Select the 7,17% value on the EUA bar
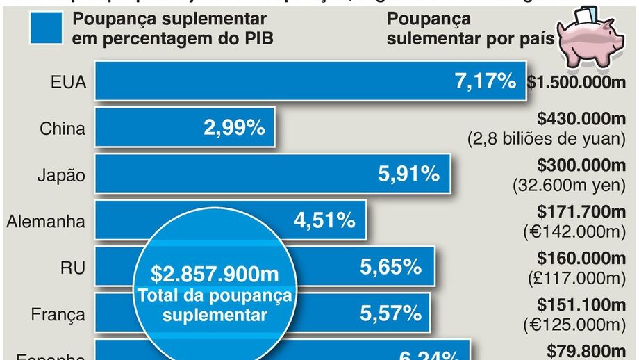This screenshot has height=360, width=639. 485,81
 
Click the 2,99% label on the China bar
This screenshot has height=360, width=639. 234,128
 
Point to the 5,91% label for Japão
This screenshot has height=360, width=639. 409,174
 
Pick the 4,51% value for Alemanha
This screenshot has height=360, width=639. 325,221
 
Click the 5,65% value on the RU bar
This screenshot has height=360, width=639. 390,267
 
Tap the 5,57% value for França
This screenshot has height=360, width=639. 390,313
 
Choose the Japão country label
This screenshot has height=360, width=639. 61,175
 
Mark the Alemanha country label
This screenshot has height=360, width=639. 46,222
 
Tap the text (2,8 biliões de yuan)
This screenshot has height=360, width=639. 551,138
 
